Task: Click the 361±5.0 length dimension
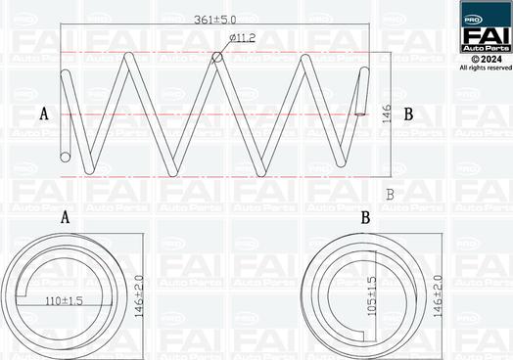pyautogui.click(x=215, y=20)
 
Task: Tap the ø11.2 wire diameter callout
pyautogui.click(x=243, y=38)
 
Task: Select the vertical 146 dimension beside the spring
pyautogui.click(x=387, y=114)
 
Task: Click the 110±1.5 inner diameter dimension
pyautogui.click(x=64, y=301)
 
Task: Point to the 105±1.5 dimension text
pyautogui.click(x=372, y=296)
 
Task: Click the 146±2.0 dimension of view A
pyautogui.click(x=139, y=296)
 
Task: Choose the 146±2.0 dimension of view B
pyautogui.click(x=438, y=296)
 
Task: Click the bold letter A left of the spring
pyautogui.click(x=44, y=114)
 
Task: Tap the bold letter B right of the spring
pyautogui.click(x=408, y=114)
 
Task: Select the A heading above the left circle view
pyautogui.click(x=66, y=217)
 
